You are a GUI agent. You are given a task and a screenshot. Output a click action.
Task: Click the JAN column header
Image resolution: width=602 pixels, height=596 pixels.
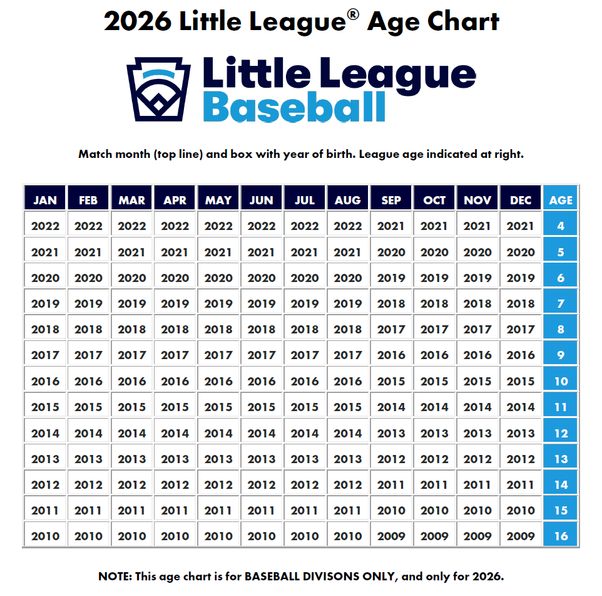(45, 200)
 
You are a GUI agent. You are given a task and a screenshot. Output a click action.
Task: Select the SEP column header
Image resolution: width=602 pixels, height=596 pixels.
(391, 200)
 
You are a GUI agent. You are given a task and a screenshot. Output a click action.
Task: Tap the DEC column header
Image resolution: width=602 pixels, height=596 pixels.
(521, 200)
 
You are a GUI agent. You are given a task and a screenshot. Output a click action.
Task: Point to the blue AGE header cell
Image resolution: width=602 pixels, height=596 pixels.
(561, 200)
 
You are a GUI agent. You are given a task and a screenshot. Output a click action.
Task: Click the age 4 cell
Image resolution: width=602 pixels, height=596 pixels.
(561, 226)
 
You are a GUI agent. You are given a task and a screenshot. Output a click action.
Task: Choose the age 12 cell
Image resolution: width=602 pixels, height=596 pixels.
(561, 433)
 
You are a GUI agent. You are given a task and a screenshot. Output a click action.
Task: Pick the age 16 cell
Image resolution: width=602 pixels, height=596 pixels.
(561, 536)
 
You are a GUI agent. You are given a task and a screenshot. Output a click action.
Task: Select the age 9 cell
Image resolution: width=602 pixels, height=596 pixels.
(561, 355)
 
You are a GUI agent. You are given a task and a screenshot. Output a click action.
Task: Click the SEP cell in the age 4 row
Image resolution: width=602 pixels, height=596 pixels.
(391, 226)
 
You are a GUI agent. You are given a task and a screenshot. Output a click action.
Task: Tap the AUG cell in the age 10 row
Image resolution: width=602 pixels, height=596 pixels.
(348, 381)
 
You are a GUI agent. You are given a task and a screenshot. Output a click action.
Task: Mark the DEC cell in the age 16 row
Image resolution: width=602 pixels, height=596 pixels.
(521, 536)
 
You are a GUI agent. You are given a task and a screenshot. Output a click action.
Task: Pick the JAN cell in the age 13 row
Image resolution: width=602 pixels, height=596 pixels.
(45, 459)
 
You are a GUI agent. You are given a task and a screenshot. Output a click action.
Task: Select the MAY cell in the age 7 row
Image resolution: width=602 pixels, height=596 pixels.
(218, 304)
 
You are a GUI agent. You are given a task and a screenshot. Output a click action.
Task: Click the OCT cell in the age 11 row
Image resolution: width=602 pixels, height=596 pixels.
(434, 407)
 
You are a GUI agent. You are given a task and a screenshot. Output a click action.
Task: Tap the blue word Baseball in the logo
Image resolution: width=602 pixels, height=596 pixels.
(294, 106)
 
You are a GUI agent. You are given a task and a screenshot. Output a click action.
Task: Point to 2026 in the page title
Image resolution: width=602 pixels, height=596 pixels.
(137, 22)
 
